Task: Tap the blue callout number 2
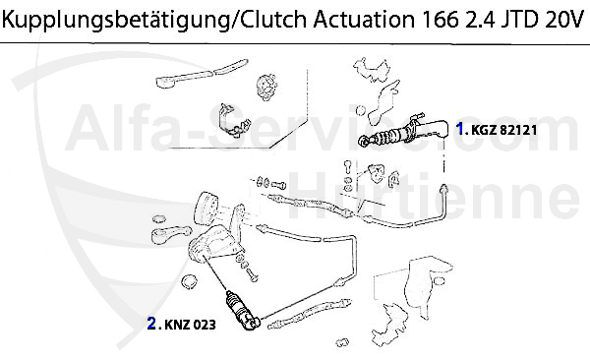[151, 322]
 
